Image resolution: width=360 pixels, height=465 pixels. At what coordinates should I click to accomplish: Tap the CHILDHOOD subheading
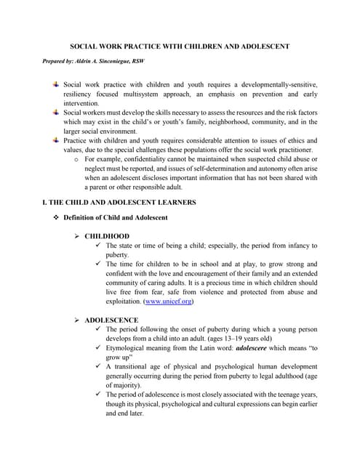(107, 236)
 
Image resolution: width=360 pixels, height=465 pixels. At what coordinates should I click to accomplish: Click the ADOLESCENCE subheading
(111, 320)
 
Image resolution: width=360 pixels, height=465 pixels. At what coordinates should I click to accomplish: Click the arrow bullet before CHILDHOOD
(78, 236)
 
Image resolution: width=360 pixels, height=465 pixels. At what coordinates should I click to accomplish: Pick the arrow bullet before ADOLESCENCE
(78, 320)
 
